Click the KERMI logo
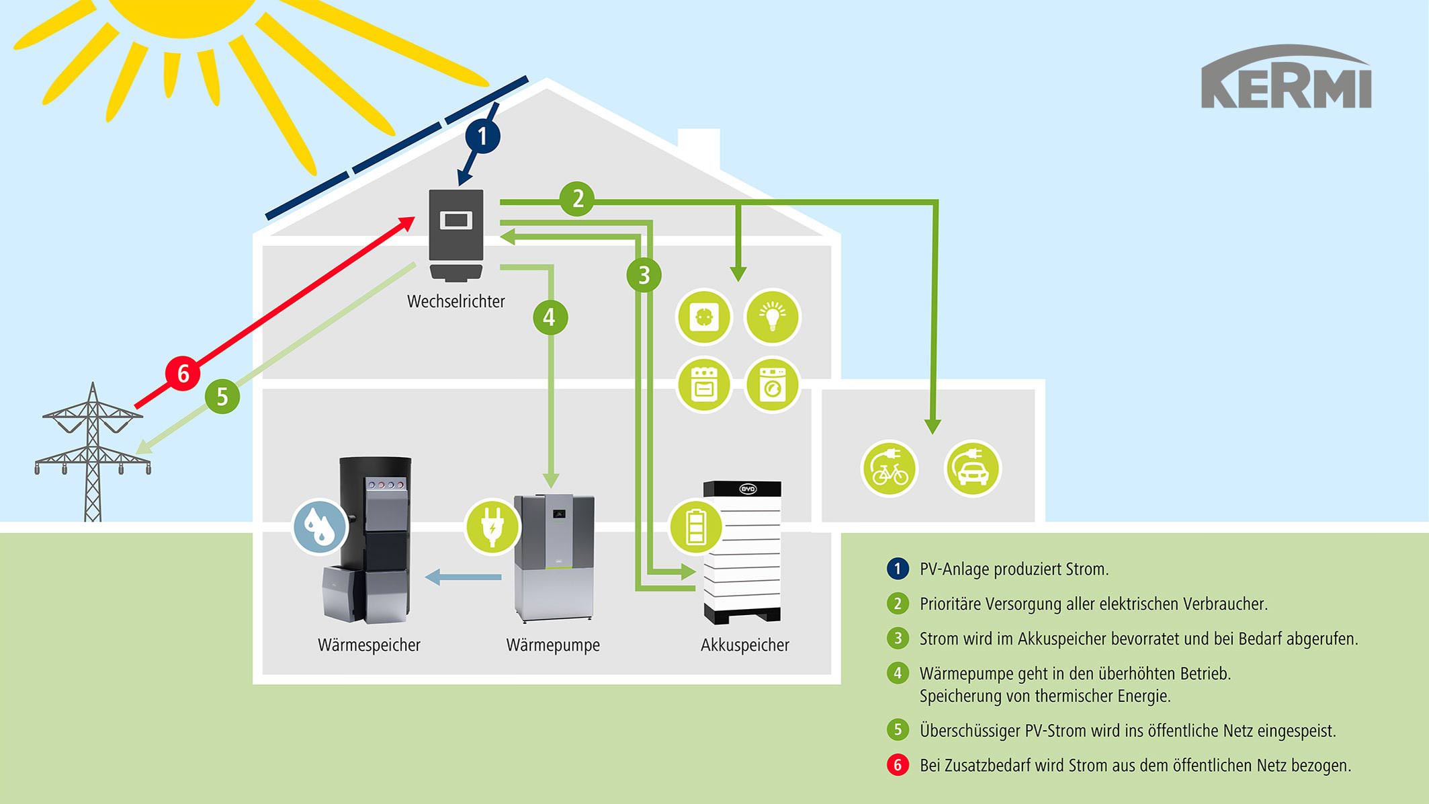1286,77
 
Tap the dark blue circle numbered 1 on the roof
482,136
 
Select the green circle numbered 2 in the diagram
577,199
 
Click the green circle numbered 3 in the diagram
644,275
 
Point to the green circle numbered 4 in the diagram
550,317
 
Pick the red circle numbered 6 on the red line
183,373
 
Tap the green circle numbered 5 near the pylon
222,397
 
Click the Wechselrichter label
456,301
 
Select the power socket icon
703,317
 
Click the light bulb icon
773,317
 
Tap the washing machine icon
773,385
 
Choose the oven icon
703,385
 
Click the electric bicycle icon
890,469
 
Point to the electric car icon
972,469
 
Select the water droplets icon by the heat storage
320,526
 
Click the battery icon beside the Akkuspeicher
696,526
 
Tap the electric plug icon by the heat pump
492,526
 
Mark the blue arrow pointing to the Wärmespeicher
463,577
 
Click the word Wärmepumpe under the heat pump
553,645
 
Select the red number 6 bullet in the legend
898,765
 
